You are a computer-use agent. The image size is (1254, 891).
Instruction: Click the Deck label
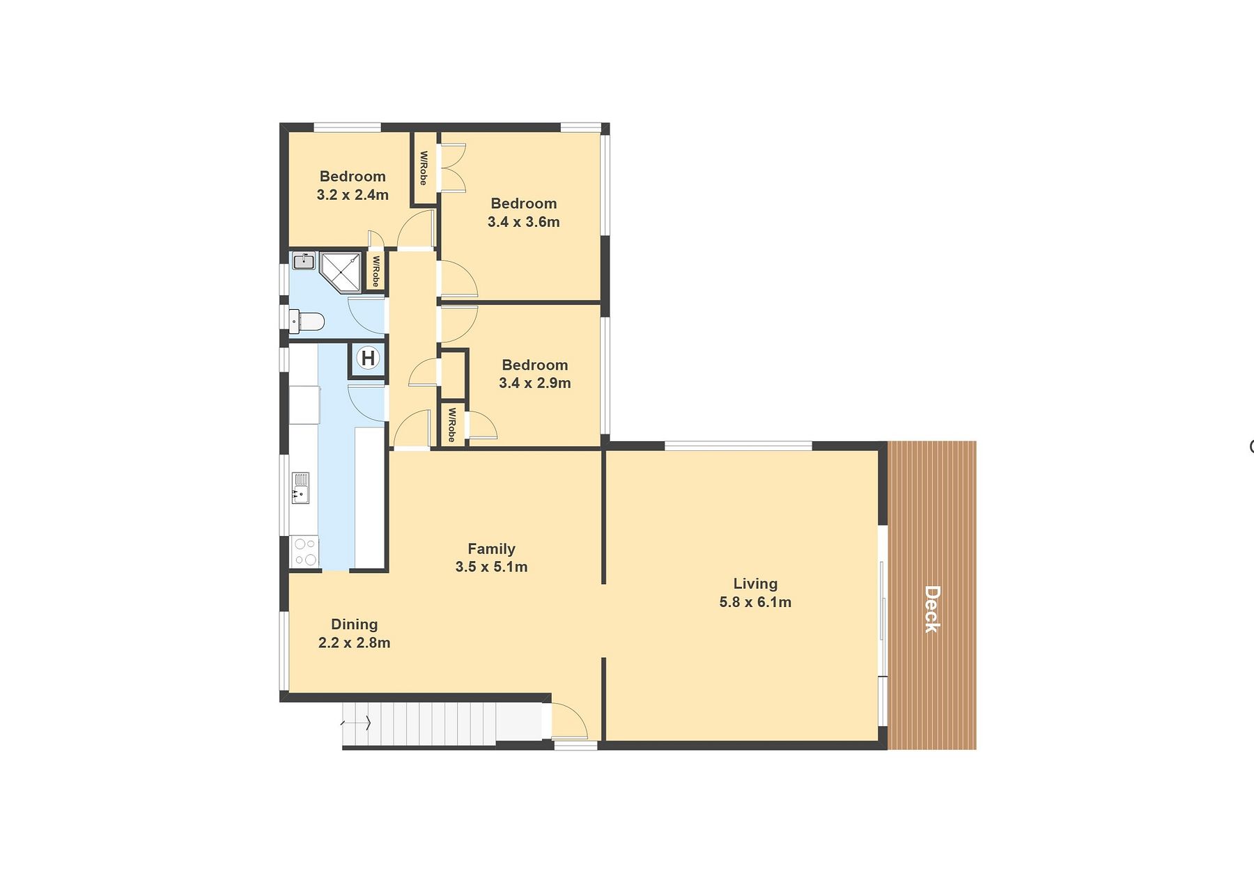[932, 609]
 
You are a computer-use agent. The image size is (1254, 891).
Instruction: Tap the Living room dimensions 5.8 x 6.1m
[755, 602]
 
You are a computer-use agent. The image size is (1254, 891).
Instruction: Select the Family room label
[491, 549]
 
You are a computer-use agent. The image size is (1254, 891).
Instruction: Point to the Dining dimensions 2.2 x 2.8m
[354, 642]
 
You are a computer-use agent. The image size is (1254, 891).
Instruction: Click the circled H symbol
[368, 358]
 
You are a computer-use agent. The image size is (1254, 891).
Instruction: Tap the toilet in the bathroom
[307, 322]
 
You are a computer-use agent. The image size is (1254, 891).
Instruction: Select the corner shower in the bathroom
[341, 272]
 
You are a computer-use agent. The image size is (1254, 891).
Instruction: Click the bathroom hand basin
[304, 261]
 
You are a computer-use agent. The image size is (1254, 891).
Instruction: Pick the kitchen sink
[300, 487]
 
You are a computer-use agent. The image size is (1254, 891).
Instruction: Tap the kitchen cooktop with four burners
[305, 551]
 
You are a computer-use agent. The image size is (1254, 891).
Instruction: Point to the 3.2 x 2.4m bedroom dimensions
[353, 195]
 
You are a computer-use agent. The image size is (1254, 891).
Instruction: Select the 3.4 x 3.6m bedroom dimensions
[524, 222]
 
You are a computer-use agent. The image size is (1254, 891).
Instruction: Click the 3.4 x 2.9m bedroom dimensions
[535, 383]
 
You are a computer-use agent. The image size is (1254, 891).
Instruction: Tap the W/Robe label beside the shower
[376, 271]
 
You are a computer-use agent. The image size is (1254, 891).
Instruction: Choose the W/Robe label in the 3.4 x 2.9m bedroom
[451, 425]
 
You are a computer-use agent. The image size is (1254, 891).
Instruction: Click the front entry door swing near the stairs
[569, 720]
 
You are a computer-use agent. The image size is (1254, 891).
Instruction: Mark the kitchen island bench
[369, 497]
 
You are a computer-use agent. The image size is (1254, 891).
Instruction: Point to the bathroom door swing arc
[366, 315]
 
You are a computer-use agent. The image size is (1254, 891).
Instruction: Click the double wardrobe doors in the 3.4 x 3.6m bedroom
[452, 167]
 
